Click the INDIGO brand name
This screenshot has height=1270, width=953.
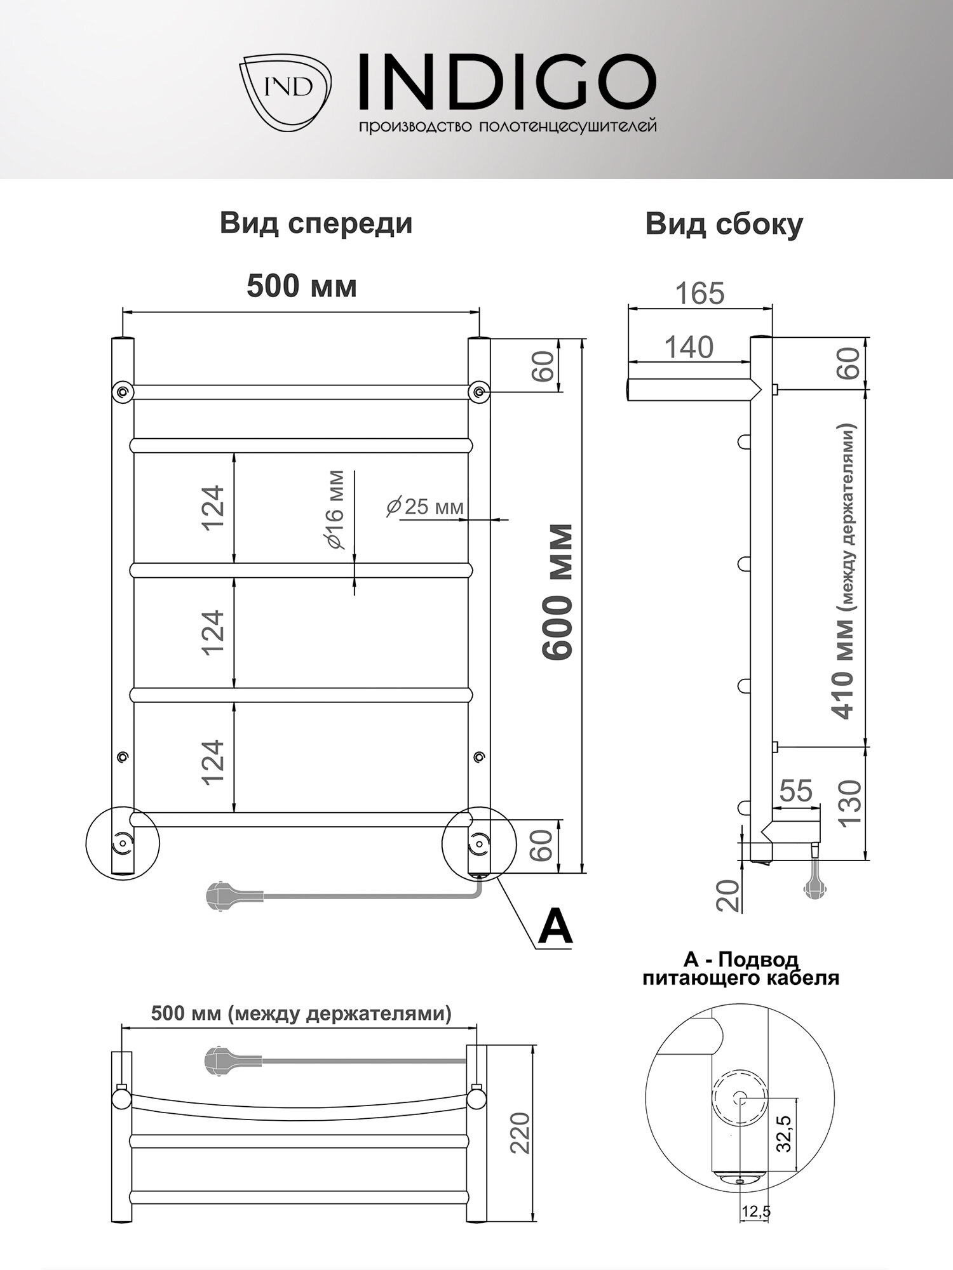(x=507, y=81)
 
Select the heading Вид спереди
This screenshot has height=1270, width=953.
(x=316, y=224)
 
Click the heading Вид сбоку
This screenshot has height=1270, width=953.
(x=724, y=225)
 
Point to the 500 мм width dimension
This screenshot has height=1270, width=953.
(x=301, y=286)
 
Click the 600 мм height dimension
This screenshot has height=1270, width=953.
(x=558, y=592)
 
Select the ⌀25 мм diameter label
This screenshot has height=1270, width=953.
(x=425, y=507)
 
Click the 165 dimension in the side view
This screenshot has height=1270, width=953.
(x=700, y=293)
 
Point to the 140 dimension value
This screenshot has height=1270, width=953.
(x=689, y=347)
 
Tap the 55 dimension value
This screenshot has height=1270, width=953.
(x=795, y=791)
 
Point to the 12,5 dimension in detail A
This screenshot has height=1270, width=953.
(x=755, y=1212)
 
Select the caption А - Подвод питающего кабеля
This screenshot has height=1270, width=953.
(x=740, y=970)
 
